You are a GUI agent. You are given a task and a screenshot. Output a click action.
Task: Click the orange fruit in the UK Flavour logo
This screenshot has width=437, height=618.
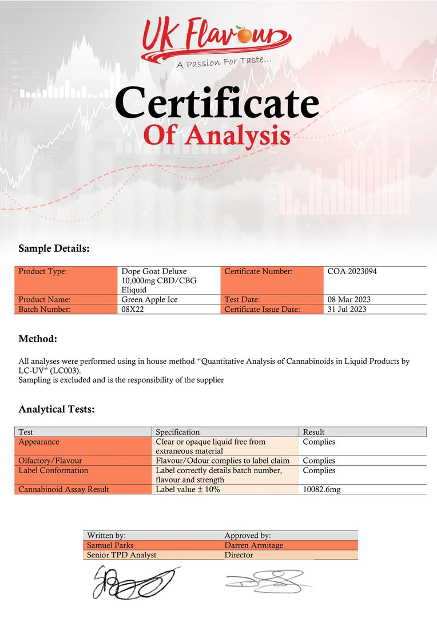pos(245,36)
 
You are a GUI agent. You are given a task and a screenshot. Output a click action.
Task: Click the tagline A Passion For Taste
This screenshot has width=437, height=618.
pos(224,61)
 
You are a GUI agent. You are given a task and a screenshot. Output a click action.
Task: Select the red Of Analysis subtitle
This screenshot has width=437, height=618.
pos(216,136)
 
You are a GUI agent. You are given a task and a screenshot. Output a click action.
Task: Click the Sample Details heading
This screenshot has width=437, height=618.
pos(54,249)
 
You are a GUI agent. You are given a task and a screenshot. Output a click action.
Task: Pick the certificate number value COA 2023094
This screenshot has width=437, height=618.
pos(352,271)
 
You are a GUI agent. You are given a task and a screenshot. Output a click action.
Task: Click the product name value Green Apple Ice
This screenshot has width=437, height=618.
pos(149,299)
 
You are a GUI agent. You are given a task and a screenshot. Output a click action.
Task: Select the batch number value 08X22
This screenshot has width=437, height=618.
pos(133,309)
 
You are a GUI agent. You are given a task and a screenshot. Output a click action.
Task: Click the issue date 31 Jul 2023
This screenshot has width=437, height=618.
pos(347,309)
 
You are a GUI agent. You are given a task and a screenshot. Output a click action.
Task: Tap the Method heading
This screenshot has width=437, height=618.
pos(38,339)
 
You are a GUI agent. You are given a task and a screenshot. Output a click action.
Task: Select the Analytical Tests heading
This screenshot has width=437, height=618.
pos(57,409)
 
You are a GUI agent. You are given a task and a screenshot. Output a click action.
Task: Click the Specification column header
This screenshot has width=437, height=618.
pos(178,432)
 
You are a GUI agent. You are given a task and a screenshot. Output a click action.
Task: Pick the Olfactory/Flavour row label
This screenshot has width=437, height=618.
pos(50,461)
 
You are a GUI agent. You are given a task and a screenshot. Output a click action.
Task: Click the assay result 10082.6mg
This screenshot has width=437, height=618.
pos(321,489)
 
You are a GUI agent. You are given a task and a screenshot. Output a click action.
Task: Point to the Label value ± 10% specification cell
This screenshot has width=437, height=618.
pos(188,489)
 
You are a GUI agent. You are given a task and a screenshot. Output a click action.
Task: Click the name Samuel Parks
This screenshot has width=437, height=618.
pos(110,545)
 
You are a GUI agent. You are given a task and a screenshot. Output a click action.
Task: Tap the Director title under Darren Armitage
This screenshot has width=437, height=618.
pos(239,555)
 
